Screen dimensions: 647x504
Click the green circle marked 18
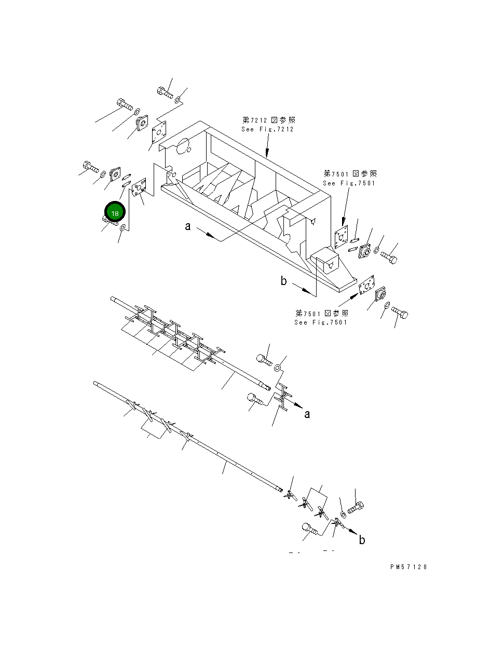click(115, 213)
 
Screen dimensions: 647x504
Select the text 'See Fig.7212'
click(267, 129)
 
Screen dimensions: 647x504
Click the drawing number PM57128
click(408, 567)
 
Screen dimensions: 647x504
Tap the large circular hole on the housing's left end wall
click(182, 147)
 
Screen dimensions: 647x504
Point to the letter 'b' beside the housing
click(283, 281)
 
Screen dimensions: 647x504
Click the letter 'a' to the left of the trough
click(188, 226)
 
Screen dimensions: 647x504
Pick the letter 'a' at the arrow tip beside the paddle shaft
click(307, 414)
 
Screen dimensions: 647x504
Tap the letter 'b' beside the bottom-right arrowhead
click(362, 540)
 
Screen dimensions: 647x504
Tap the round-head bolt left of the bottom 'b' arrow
click(310, 529)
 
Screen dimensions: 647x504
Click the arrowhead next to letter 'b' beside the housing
click(311, 293)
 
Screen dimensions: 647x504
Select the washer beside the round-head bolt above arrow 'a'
click(278, 368)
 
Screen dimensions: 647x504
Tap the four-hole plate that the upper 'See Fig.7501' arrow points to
click(341, 240)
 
